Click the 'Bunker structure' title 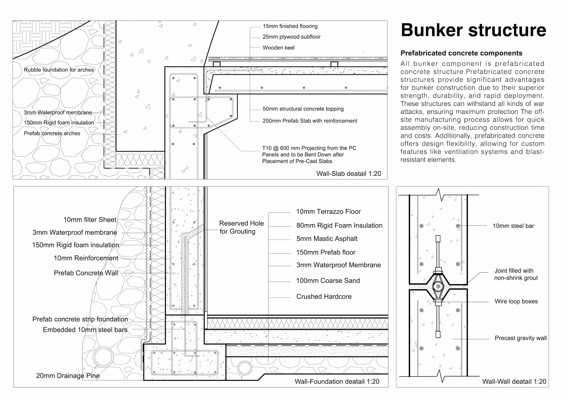click(x=473, y=30)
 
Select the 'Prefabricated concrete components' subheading click(x=461, y=53)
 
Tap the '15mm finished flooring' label click(x=290, y=26)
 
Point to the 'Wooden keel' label click(x=278, y=48)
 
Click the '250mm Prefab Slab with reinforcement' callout click(x=310, y=121)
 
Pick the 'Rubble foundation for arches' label click(x=59, y=70)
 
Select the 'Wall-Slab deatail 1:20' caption click(x=348, y=174)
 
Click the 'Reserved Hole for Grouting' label click(x=241, y=227)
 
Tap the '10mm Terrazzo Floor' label click(x=328, y=212)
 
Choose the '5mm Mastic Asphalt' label click(x=327, y=239)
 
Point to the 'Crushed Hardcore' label click(x=324, y=297)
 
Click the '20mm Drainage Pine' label click(x=68, y=376)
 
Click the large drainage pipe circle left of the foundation click(x=103, y=357)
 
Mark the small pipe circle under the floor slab click(x=244, y=368)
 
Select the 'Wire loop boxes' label click(x=516, y=301)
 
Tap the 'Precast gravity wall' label click(x=520, y=338)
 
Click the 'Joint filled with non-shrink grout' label click(x=516, y=274)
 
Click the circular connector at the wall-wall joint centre click(x=438, y=286)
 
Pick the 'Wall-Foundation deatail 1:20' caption click(x=337, y=381)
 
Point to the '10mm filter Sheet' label click(x=90, y=220)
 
